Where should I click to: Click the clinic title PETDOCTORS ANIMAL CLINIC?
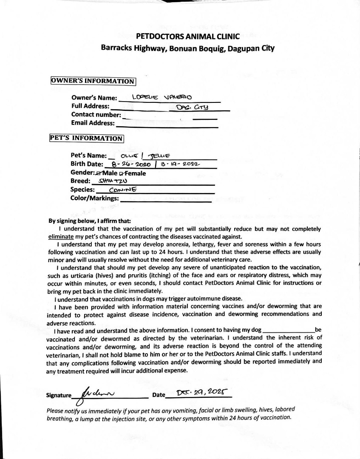click(188, 37)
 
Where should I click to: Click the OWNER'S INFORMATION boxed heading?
click(93, 81)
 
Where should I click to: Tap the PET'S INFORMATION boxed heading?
click(87, 138)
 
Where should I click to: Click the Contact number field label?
click(96, 115)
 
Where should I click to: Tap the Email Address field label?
click(93, 123)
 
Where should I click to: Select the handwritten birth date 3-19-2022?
click(180, 164)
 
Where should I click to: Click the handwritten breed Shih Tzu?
click(111, 181)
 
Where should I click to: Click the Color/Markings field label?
click(94, 198)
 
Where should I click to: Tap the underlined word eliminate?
click(61, 236)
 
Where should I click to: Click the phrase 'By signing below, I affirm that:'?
click(90, 221)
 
